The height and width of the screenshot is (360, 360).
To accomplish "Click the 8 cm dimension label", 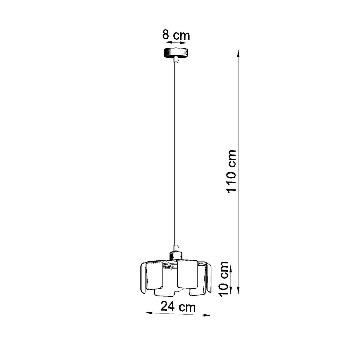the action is [176, 35].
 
